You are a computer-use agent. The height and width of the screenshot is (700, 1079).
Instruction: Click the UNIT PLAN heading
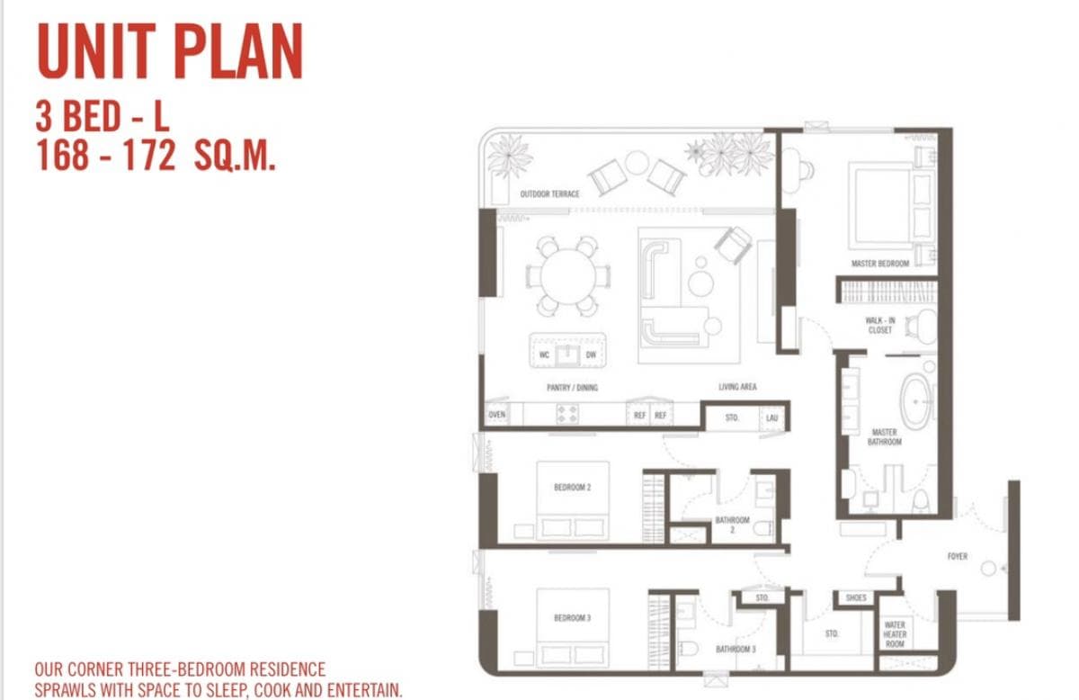tap(169, 53)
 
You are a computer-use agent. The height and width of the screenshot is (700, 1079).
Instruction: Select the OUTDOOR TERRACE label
tap(549, 194)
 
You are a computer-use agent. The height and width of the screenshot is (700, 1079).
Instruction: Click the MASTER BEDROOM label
tap(879, 264)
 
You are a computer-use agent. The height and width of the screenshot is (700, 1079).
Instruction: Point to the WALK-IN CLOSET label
tap(879, 325)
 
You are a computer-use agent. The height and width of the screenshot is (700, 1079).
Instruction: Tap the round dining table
tap(567, 275)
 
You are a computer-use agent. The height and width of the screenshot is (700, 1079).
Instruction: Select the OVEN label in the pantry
tap(497, 415)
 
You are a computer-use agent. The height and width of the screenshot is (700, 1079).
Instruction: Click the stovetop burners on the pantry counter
tap(567, 414)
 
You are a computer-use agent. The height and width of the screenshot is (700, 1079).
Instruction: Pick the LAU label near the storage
tap(771, 417)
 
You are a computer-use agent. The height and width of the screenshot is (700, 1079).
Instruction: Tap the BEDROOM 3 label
tap(572, 618)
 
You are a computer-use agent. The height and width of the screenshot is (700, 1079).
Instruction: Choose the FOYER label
tap(957, 556)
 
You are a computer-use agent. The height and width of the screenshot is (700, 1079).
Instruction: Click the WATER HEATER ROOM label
tap(895, 634)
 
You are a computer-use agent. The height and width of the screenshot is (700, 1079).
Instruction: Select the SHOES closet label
tap(856, 597)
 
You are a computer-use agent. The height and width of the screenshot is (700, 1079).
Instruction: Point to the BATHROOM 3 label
tap(736, 649)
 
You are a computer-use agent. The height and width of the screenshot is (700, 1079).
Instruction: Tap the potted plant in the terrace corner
tap(510, 154)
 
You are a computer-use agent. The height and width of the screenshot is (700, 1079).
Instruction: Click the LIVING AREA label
tap(737, 387)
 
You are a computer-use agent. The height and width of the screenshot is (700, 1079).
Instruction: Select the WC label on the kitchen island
tap(544, 354)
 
